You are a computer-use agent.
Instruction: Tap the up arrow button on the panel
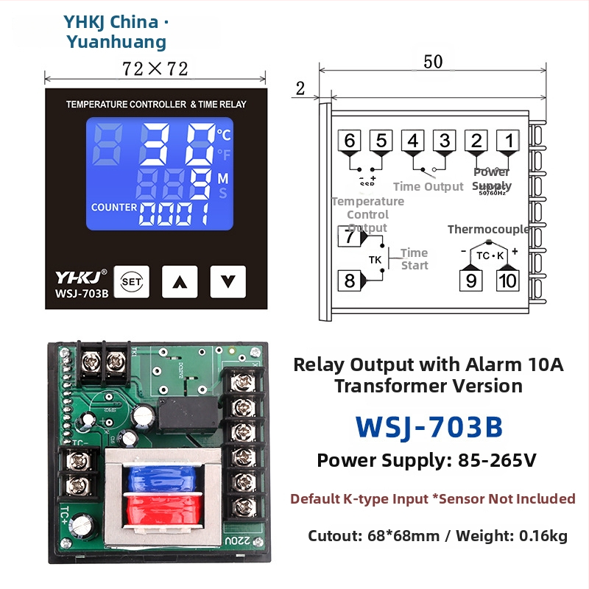[180, 281]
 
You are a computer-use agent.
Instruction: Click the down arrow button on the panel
[228, 281]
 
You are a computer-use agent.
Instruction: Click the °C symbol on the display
[224, 135]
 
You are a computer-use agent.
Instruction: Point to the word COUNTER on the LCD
[114, 208]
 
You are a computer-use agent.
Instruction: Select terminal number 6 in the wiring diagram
[349, 141]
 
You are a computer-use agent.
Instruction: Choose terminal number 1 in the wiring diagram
[507, 141]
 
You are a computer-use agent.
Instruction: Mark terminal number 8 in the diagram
[349, 281]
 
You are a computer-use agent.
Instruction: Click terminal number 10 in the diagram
[507, 281]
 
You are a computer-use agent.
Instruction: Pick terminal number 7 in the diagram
[349, 236]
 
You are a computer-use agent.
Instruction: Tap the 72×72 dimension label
[155, 69]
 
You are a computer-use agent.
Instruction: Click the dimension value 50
[433, 63]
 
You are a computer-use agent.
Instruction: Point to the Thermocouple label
[488, 230]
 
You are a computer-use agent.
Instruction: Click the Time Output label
[428, 187]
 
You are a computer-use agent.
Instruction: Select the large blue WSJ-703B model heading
[429, 426]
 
